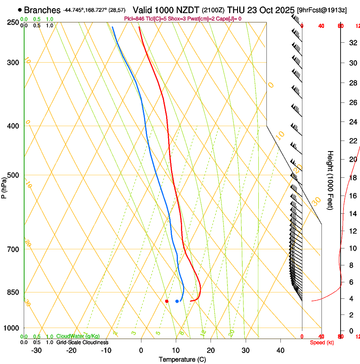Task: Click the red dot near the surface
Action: tap(167, 301)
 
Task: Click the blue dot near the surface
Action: tap(177, 301)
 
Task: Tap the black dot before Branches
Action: tap(19, 10)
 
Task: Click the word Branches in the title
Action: tap(42, 10)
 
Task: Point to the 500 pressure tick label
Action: tap(13, 176)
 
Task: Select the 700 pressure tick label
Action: tap(13, 249)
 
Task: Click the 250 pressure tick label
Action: tap(13, 22)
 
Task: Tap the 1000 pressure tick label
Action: tap(12, 328)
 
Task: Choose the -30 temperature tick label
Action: tap(36, 350)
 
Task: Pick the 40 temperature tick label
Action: tap(280, 350)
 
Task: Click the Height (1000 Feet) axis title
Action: tap(330, 180)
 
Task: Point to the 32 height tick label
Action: tap(352, 43)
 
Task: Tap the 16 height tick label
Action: tap(352, 196)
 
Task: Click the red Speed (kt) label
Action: tap(322, 342)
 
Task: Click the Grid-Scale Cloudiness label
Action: tap(82, 342)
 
